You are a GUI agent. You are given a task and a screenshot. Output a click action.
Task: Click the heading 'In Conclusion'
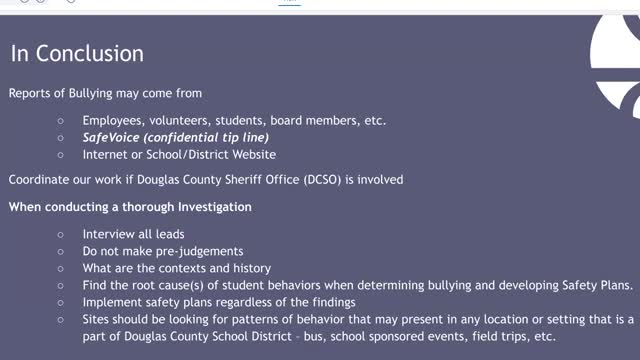click(77, 53)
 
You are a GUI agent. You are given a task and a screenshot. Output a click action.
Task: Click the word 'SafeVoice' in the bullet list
click(114, 138)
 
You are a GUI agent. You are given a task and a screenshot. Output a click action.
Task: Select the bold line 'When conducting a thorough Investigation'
click(130, 207)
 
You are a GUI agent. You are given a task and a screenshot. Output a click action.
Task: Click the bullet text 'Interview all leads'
click(133, 234)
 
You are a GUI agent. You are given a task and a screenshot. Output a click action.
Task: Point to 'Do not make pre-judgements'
click(149, 251)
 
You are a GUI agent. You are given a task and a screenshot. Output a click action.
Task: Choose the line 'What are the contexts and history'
click(163, 268)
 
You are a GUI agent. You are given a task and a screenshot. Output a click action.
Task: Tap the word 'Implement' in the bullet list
click(111, 302)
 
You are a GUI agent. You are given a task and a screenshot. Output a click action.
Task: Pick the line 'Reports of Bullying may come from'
click(105, 94)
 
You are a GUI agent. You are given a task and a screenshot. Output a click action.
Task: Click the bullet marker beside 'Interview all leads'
click(61, 234)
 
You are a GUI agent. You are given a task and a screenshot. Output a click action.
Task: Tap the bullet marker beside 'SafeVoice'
click(61, 138)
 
